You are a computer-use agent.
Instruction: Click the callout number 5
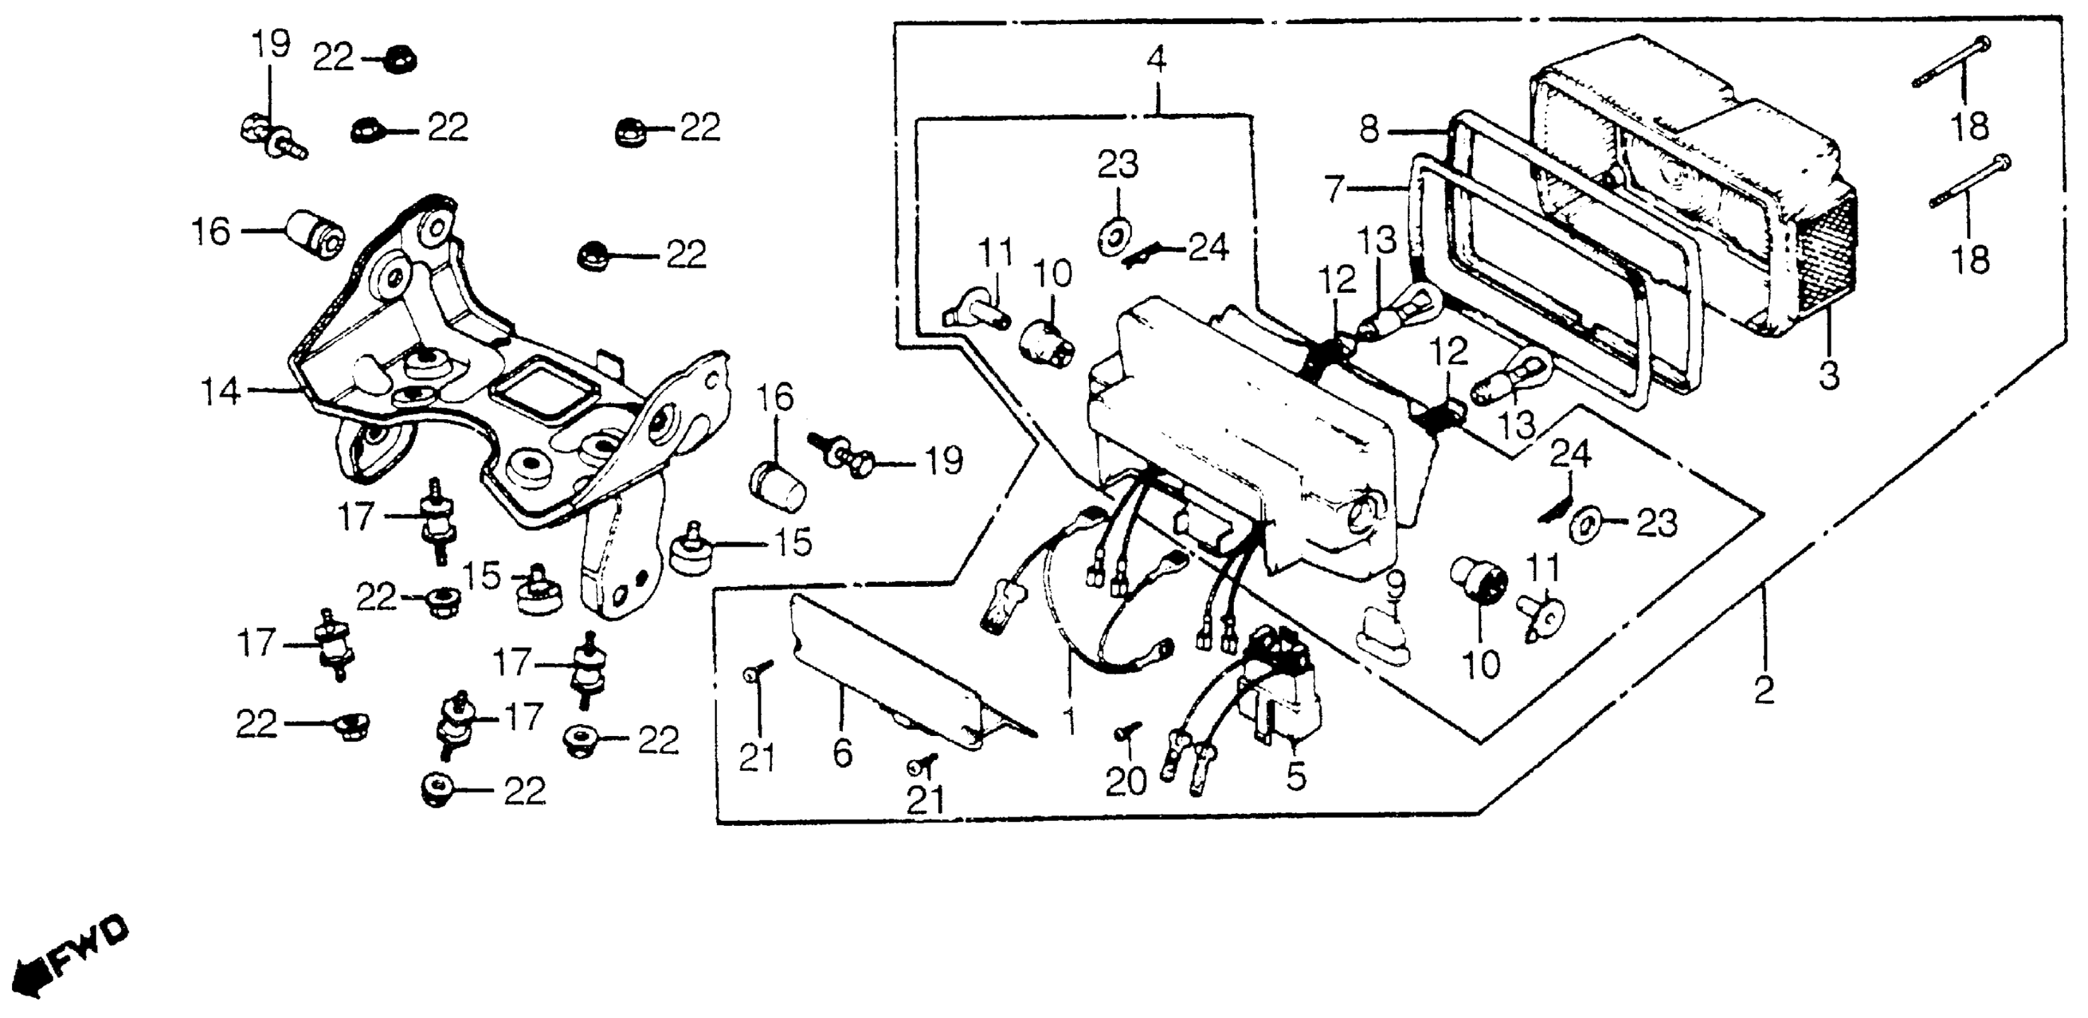pyautogui.click(x=1296, y=777)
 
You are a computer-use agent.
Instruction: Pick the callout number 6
pyautogui.click(x=842, y=755)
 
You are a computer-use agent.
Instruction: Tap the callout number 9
pyautogui.click(x=1394, y=584)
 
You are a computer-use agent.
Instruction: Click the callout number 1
pyautogui.click(x=1069, y=720)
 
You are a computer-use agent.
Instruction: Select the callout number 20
pyautogui.click(x=1126, y=781)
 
